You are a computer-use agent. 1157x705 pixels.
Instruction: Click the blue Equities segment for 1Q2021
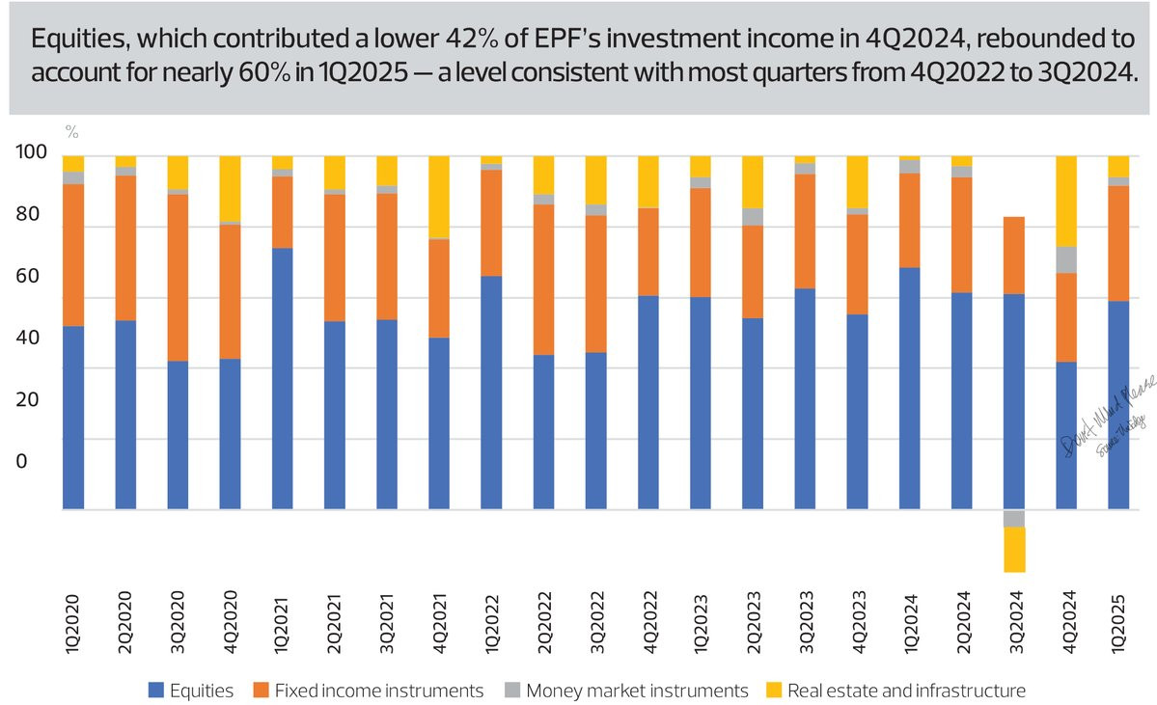(x=282, y=378)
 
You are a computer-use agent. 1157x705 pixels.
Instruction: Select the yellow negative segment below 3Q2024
(x=1014, y=549)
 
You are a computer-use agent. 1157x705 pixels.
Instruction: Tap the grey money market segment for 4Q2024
(x=1066, y=259)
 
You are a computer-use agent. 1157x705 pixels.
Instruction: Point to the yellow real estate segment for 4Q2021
(x=439, y=197)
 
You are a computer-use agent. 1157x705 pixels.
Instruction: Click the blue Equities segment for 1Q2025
(x=1118, y=404)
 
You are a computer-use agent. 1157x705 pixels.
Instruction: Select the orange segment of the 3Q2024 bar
(x=1014, y=256)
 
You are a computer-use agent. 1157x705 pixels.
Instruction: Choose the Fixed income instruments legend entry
(x=369, y=690)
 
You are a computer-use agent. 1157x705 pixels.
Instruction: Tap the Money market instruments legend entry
(x=627, y=690)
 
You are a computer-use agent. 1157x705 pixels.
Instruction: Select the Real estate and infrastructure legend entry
(x=893, y=690)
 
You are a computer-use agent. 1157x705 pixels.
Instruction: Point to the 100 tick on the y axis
(x=32, y=153)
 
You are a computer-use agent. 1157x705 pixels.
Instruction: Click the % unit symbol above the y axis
(x=70, y=129)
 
